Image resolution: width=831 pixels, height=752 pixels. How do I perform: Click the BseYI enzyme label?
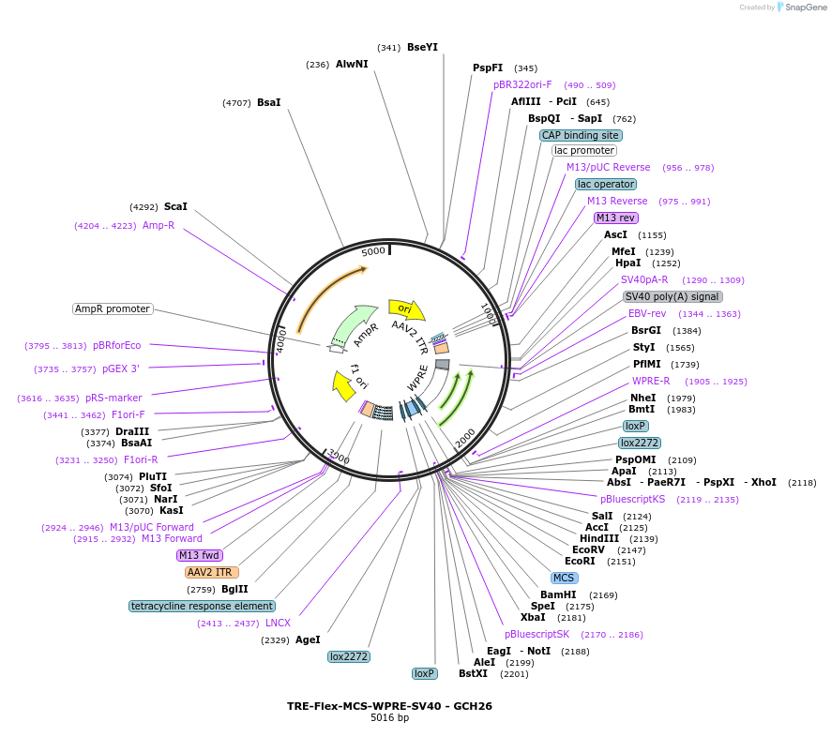coord(422,47)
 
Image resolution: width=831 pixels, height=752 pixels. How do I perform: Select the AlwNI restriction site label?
coord(352,65)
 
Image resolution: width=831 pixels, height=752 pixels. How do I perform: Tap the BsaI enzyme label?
coord(268,102)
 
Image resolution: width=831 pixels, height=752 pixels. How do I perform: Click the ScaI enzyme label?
coord(175,206)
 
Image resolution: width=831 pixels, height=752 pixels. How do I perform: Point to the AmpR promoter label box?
coord(113,308)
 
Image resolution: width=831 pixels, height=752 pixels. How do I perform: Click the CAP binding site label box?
coord(581,135)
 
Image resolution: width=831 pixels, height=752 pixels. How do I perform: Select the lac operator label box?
coord(606,184)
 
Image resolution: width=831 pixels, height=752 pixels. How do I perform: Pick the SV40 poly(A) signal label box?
coord(672,296)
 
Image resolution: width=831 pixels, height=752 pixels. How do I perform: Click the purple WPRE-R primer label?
coord(651,382)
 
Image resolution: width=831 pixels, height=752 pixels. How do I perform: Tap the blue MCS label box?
coord(564,578)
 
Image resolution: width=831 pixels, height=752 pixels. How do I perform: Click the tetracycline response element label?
coord(203,606)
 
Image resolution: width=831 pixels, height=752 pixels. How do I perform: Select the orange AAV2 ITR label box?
coord(211,572)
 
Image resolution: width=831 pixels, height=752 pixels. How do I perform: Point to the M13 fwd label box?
coord(200,555)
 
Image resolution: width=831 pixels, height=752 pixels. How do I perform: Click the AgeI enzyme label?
coord(308,639)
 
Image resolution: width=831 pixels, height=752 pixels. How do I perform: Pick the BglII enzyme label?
coord(234,589)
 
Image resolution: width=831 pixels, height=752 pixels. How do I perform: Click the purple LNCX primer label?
coord(278,623)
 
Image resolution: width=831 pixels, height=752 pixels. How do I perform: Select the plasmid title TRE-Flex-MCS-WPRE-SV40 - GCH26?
coord(389,706)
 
